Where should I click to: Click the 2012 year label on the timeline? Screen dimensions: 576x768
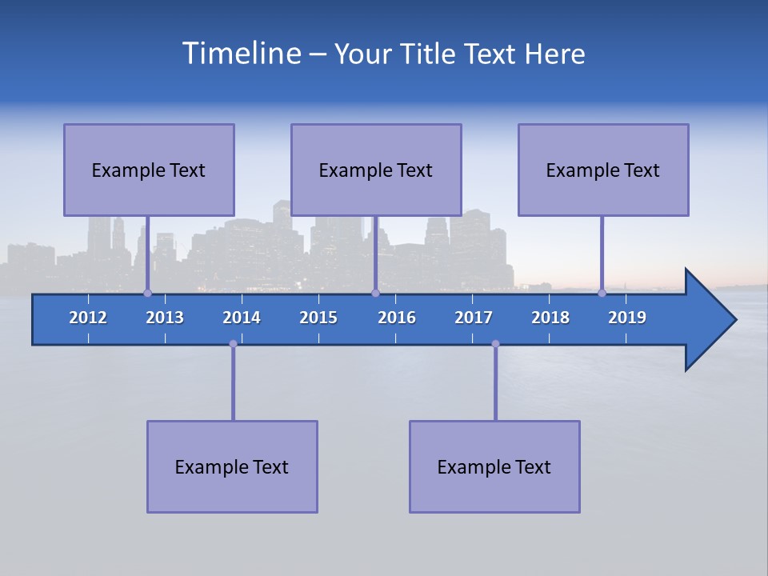pos(88,318)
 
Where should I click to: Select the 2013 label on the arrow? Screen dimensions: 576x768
pos(165,318)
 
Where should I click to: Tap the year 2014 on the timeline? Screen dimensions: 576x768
pos(242,318)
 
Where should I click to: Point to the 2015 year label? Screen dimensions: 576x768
pos(318,318)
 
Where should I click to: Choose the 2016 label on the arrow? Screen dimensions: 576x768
pos(397,318)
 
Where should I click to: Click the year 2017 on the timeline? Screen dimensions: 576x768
pos(474,318)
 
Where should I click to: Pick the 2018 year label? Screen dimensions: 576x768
pos(550,318)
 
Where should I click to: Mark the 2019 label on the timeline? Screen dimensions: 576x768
pos(627,318)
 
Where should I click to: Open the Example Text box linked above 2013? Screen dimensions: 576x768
pos(149,170)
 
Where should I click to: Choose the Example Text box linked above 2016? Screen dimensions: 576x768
pos(376,170)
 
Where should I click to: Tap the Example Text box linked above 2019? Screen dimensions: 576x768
pos(603,170)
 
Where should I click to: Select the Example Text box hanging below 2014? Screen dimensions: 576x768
pos(232,466)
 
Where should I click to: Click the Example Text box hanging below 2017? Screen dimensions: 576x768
pos(494,466)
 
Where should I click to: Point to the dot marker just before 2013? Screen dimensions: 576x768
pos(147,293)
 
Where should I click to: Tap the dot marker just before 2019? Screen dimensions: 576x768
pos(602,293)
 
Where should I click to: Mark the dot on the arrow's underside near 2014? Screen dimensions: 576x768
pos(233,344)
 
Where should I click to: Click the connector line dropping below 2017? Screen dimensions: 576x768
pos(495,384)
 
